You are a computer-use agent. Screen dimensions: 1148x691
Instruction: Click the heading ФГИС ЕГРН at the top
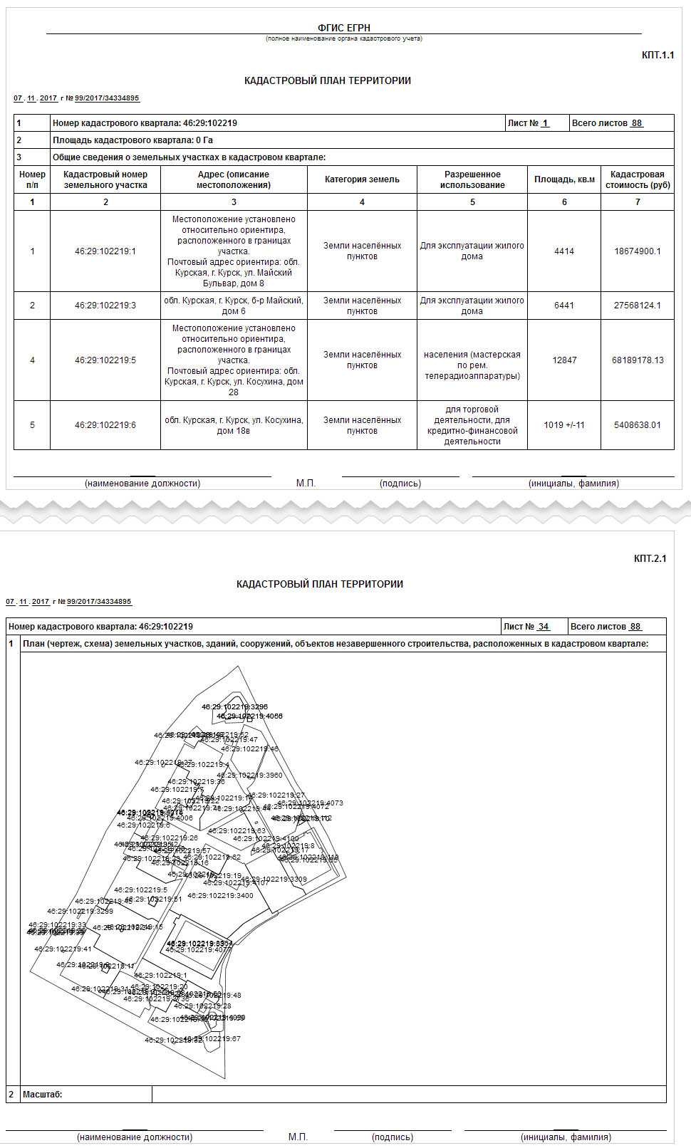[343, 28]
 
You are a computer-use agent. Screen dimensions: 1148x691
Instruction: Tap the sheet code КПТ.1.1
[658, 56]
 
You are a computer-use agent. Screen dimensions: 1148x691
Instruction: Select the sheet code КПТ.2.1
[650, 558]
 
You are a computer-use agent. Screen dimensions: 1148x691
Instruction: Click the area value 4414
[564, 251]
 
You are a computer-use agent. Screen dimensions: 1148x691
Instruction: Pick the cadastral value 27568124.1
[637, 306]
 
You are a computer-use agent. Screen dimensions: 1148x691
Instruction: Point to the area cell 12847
[564, 360]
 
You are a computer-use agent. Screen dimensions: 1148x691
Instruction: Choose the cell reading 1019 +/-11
[564, 425]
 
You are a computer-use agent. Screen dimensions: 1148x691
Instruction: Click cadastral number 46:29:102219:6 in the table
[105, 425]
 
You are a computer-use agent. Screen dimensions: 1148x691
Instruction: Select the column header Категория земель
[362, 179]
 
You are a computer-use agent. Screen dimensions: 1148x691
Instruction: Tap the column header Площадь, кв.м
[564, 179]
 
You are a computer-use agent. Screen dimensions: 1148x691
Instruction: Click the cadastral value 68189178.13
[637, 360]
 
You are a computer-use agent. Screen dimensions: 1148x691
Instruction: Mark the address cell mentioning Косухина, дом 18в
[234, 425]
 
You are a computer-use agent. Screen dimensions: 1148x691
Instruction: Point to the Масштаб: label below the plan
[43, 1095]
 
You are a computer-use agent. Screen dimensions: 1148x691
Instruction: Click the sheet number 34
[544, 627]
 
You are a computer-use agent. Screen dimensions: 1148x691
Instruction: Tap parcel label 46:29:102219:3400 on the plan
[220, 896]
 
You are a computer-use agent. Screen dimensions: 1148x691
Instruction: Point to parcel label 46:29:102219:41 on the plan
[63, 949]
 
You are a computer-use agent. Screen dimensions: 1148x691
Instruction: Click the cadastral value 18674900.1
[637, 251]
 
